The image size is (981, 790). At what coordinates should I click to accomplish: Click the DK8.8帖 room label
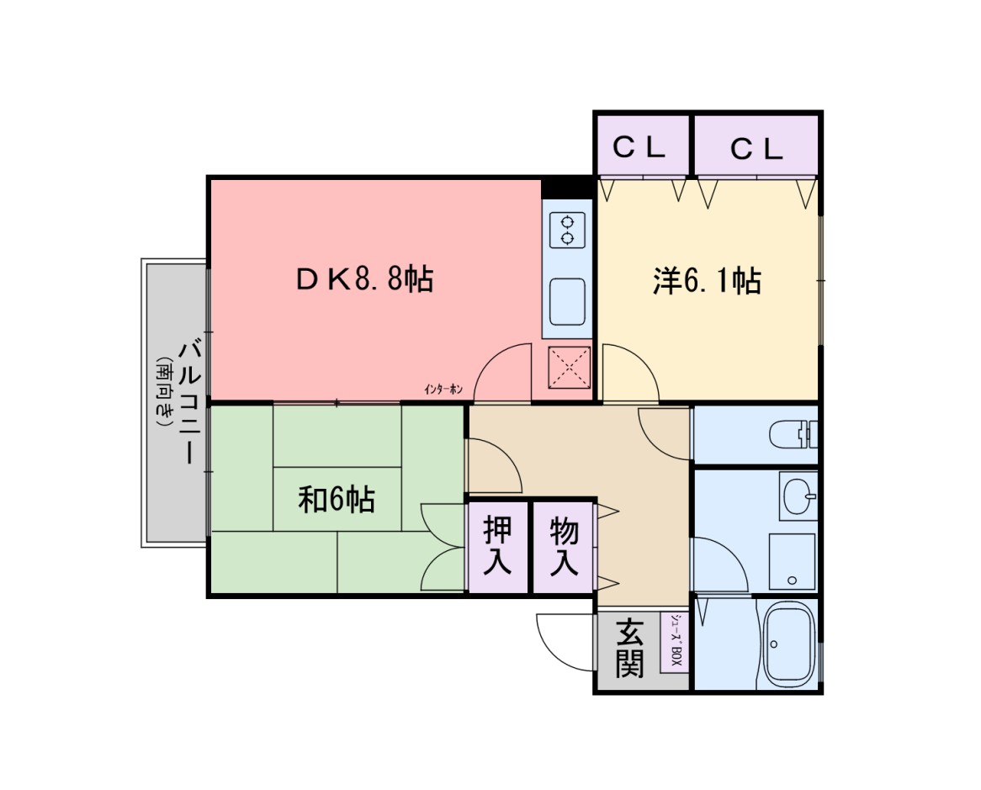[x=364, y=278]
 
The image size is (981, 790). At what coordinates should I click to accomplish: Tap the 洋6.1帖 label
[x=707, y=280]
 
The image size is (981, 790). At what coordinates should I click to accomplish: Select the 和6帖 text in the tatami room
[x=337, y=500]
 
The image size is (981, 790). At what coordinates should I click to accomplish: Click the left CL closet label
[x=639, y=148]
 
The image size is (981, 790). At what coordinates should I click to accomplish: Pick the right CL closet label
[x=756, y=150]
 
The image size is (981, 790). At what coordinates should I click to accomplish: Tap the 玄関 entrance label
[x=629, y=648]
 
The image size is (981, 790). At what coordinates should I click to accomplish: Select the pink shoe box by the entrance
[x=675, y=642]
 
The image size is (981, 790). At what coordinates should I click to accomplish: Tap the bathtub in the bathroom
[x=788, y=644]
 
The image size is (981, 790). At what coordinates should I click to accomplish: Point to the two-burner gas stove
[x=568, y=229]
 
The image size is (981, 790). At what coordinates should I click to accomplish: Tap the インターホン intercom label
[x=443, y=389]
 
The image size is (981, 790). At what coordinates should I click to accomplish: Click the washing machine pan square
[x=792, y=562]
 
